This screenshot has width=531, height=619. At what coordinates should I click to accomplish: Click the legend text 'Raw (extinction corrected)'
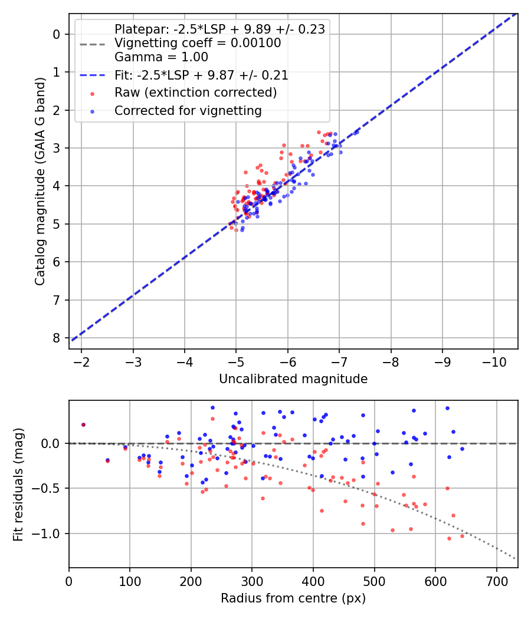[195, 93]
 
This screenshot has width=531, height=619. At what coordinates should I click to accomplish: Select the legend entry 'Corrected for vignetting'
[188, 110]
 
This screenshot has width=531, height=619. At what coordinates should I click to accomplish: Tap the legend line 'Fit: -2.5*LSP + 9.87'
[201, 75]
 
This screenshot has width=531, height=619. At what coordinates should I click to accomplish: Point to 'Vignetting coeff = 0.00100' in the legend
[198, 43]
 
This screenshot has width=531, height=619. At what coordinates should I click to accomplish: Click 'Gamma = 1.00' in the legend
[161, 57]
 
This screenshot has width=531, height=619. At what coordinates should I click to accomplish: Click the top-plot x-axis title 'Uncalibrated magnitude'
[293, 379]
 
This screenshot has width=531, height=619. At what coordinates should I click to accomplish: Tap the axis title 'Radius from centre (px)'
[293, 598]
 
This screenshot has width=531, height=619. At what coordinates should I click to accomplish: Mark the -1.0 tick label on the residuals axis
[50, 534]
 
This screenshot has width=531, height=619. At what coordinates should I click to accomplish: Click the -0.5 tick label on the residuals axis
[50, 488]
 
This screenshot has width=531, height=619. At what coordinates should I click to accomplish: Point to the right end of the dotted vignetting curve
[516, 558]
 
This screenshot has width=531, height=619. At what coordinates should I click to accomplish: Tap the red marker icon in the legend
[91, 93]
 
